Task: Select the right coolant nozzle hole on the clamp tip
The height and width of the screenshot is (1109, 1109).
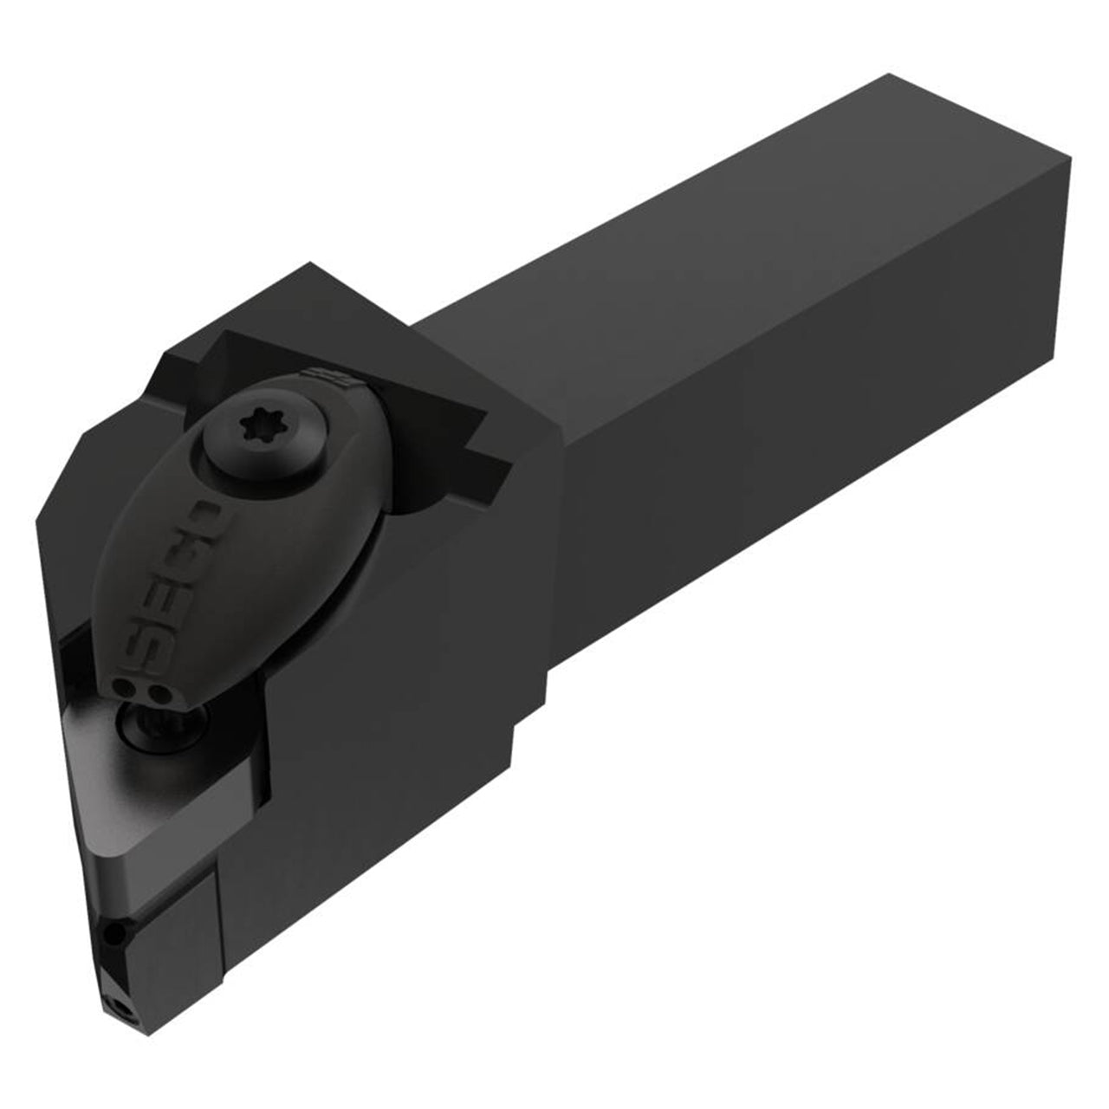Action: (x=155, y=691)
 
